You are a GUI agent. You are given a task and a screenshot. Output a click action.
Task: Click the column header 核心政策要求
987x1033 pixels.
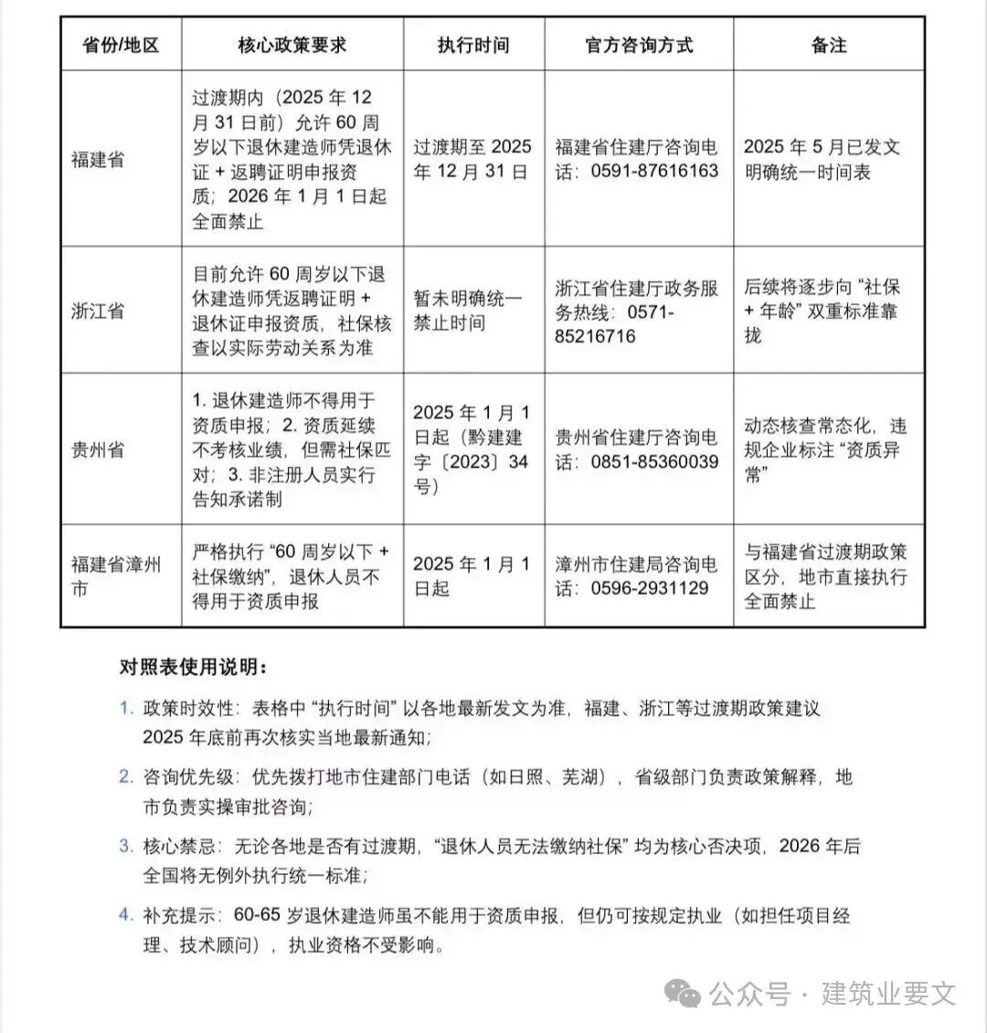click(x=292, y=45)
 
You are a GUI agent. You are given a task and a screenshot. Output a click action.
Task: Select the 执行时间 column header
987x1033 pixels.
click(x=473, y=45)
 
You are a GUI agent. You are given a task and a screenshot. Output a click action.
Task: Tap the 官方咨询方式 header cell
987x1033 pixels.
click(x=639, y=45)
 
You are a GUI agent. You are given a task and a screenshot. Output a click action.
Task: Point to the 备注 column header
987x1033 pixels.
click(x=829, y=45)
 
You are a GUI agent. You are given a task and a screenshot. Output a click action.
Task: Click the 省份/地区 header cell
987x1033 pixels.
click(x=121, y=45)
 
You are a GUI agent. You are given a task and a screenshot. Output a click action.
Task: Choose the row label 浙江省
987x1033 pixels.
click(x=98, y=311)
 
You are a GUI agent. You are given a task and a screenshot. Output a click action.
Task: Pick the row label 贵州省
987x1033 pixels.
click(x=98, y=449)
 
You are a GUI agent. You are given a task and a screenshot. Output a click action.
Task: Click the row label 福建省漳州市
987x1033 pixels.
click(x=116, y=576)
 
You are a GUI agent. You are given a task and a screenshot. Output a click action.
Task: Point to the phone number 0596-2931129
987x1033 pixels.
click(x=650, y=588)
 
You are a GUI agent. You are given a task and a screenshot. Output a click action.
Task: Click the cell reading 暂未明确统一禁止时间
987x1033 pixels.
click(x=468, y=311)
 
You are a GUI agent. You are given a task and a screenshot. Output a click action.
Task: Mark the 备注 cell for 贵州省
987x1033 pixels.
click(x=825, y=449)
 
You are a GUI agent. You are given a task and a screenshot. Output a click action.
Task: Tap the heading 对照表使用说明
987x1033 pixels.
click(x=193, y=667)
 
